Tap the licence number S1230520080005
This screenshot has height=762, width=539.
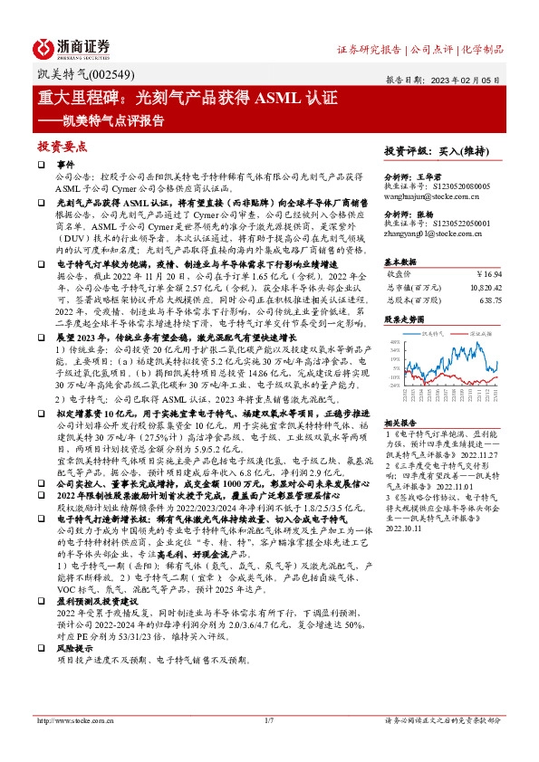click(458, 185)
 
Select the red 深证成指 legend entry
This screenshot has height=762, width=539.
click(480, 333)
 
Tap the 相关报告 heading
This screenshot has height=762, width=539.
click(399, 421)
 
